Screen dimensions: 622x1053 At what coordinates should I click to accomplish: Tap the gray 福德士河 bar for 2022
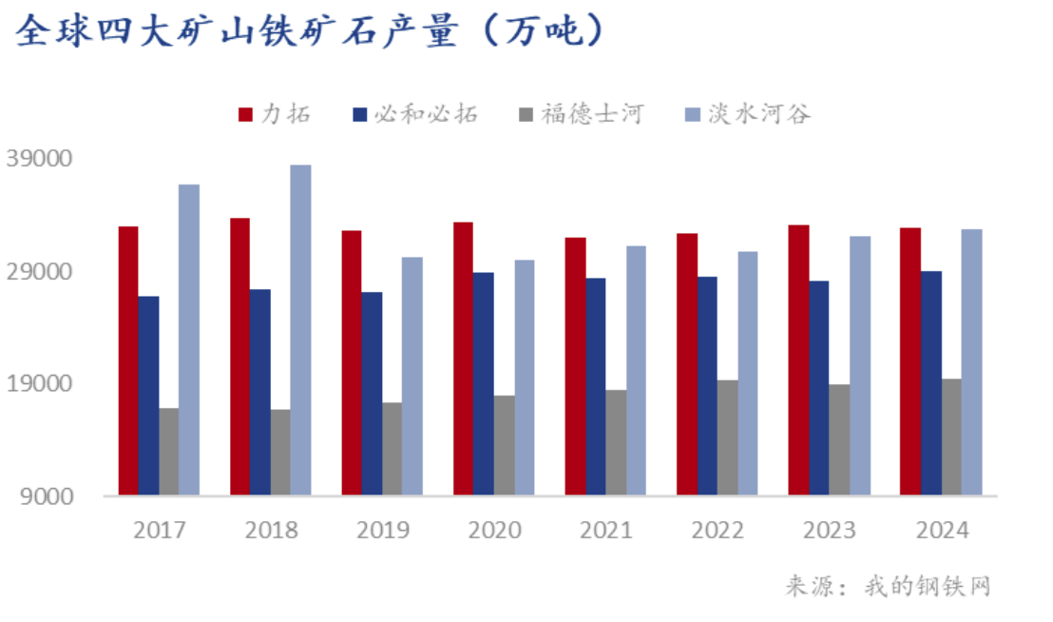pyautogui.click(x=727, y=437)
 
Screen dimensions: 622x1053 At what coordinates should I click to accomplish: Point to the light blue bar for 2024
pyautogui.click(x=971, y=361)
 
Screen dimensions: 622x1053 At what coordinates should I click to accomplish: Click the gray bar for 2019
pyautogui.click(x=392, y=448)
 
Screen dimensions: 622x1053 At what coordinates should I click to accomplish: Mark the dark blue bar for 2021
pyautogui.click(x=595, y=386)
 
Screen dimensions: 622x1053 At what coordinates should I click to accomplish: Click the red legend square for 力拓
pyautogui.click(x=245, y=115)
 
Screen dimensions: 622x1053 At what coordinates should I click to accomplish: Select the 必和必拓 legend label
pyautogui.click(x=425, y=115)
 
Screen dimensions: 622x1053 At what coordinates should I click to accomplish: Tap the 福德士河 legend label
pyautogui.click(x=592, y=115)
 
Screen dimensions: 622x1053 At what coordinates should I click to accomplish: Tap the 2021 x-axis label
pyautogui.click(x=605, y=530)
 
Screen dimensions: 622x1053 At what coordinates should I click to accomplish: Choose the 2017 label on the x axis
pyautogui.click(x=160, y=530)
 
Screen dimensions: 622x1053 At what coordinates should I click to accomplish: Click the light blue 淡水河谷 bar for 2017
pyautogui.click(x=189, y=339)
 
